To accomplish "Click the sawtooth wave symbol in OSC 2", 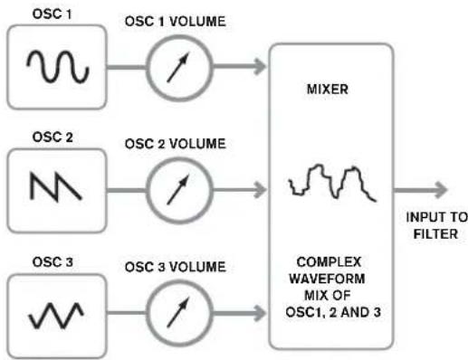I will pos(56,188).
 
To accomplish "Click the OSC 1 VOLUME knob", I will pos(177,68).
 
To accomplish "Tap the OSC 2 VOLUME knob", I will pos(177,189).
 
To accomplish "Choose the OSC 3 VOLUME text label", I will pos(179,264).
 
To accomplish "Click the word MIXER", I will pos(331,92).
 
